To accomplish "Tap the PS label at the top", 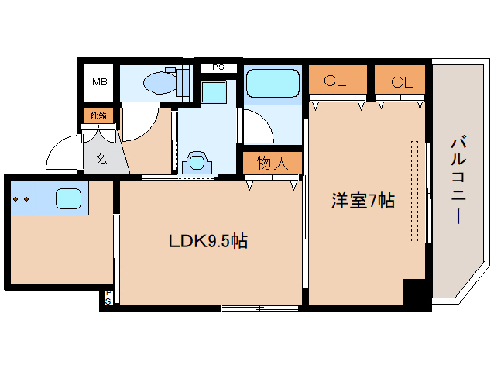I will (x=218, y=67).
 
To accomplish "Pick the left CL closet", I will (x=337, y=80).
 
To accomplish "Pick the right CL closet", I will (x=400, y=80).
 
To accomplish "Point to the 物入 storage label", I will (x=272, y=163).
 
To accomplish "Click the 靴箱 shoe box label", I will (x=99, y=115).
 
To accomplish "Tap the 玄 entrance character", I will (x=101, y=159).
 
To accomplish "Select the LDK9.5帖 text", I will (x=208, y=241).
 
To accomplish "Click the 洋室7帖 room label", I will (x=363, y=201).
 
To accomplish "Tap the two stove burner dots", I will (x=22, y=199).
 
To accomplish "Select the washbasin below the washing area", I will (x=198, y=164).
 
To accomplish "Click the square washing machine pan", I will (x=211, y=91).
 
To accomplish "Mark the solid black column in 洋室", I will (x=415, y=295).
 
